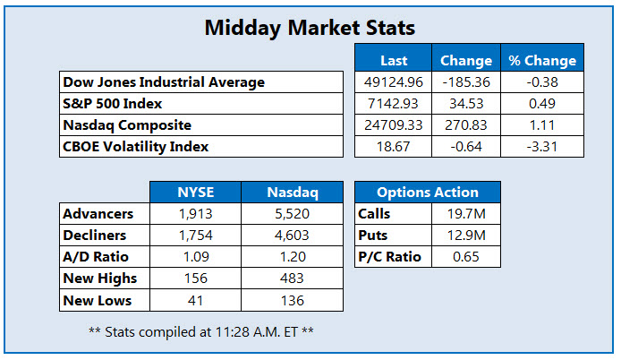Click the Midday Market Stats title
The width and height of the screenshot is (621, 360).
pos(310,29)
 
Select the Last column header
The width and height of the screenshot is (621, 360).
pos(394,61)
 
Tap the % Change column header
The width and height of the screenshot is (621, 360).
pos(542,61)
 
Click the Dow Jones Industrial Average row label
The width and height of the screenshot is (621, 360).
pos(164,82)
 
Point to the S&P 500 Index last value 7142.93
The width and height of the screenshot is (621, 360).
pos(394,104)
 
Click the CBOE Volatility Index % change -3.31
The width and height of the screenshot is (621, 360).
pos(542,147)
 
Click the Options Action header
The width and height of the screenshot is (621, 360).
pos(427,193)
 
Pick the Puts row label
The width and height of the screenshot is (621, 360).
pos(374,236)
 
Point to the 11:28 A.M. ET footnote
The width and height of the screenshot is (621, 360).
pos(200,331)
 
